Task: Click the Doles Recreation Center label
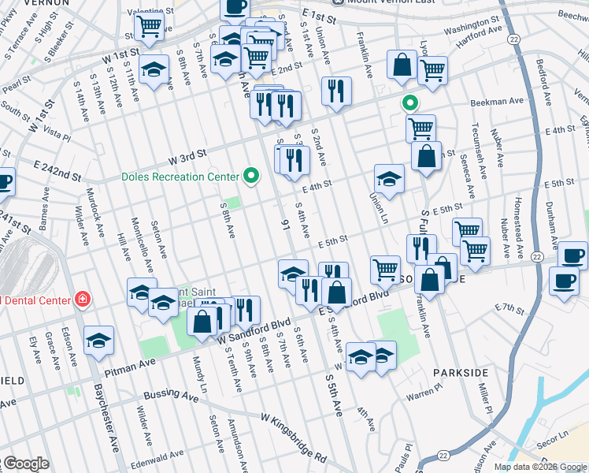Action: click(x=180, y=177)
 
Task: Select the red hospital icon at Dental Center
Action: click(x=81, y=299)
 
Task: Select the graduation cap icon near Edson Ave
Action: click(x=99, y=339)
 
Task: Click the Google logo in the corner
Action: click(x=25, y=464)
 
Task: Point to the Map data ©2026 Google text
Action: click(x=539, y=467)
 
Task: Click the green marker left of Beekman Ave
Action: click(x=409, y=102)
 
